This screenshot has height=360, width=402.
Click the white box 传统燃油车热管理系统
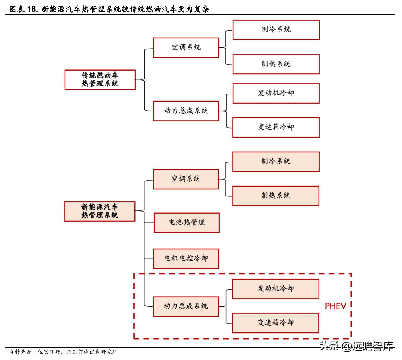[100, 80]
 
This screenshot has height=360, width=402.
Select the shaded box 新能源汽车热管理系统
[99, 211]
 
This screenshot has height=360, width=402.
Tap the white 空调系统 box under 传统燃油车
[186, 47]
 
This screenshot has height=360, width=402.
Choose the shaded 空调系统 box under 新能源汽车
[186, 179]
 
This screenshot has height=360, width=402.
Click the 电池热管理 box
[187, 222]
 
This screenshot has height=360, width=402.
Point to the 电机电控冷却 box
[186, 258]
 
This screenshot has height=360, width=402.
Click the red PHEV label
[335, 306]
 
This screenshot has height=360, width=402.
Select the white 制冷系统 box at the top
[276, 30]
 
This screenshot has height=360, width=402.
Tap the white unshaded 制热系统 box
[276, 64]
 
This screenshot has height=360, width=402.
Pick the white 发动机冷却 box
[276, 93]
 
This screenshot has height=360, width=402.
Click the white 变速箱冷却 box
[276, 127]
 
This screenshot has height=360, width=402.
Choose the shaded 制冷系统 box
[276, 162]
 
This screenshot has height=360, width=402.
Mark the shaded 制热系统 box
[276, 196]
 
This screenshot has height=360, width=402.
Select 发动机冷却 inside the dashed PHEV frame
[276, 289]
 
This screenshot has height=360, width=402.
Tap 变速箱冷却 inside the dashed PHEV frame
[276, 323]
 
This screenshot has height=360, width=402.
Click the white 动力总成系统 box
[186, 111]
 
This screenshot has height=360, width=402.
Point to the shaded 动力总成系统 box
[186, 306]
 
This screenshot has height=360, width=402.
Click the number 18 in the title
[32, 9]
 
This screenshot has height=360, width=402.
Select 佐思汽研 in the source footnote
[49, 352]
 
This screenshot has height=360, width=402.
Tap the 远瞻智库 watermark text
[372, 346]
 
